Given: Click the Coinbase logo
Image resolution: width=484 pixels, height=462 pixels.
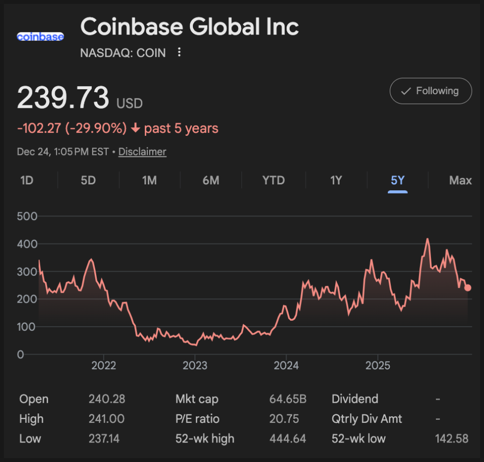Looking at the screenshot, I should (x=40, y=37).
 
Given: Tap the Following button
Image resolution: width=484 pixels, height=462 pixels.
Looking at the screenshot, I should (x=430, y=91).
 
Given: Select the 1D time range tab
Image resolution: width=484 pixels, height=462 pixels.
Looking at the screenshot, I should (x=27, y=180).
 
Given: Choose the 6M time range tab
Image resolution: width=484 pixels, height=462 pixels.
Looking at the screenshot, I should (x=211, y=180).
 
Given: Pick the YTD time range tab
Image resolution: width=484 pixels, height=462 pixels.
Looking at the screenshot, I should (x=274, y=180).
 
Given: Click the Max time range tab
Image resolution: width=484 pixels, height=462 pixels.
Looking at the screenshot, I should (x=460, y=180).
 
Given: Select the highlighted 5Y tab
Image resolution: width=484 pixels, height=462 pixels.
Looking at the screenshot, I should (x=397, y=180).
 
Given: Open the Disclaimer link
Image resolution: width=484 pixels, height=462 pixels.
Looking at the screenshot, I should (x=142, y=151).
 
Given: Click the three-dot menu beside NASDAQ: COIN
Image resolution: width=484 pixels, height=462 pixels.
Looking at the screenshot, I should (x=179, y=52).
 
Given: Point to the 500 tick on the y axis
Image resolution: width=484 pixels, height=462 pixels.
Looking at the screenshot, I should (x=28, y=216).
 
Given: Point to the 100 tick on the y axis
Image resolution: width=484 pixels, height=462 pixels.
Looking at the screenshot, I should (x=28, y=327).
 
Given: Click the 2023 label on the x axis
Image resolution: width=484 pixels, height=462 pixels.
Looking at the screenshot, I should (x=195, y=365).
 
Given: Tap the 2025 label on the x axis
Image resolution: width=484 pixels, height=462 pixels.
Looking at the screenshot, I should (x=378, y=365).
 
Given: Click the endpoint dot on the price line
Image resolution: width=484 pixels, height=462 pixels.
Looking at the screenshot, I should (x=468, y=288).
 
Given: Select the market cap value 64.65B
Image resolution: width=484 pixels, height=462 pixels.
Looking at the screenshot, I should (x=288, y=399).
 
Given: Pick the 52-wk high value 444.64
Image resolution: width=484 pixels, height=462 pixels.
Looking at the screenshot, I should (x=288, y=438).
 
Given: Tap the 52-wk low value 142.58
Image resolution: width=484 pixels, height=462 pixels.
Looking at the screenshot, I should (x=451, y=438).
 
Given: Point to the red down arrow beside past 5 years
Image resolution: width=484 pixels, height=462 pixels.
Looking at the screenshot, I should (x=135, y=129).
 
